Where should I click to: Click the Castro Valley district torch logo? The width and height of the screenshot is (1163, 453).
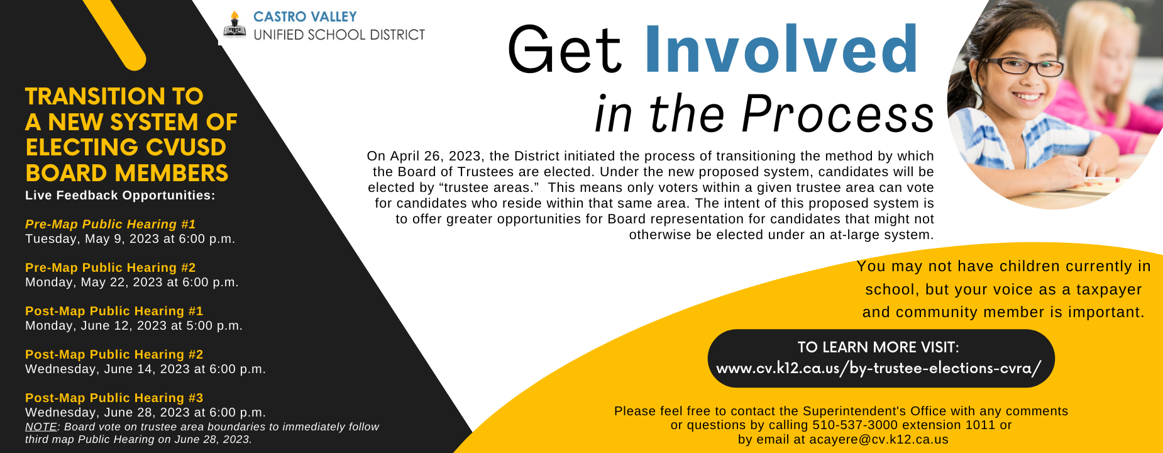tap(234, 26)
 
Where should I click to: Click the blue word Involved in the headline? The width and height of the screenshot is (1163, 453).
tap(781, 50)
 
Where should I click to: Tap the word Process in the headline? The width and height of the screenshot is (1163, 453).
tap(838, 114)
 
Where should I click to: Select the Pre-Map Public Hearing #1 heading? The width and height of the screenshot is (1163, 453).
tap(111, 224)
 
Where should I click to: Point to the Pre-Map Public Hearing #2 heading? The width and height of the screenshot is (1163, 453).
tap(111, 267)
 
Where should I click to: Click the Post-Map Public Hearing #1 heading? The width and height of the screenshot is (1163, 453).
tap(114, 311)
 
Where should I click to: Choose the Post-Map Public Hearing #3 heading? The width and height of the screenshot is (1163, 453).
tap(114, 398)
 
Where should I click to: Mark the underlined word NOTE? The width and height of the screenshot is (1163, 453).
tap(41, 427)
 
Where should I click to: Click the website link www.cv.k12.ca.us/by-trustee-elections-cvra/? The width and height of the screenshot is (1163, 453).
tap(879, 368)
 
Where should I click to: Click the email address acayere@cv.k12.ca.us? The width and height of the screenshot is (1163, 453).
tap(879, 440)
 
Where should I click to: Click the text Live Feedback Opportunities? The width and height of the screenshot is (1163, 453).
tap(120, 196)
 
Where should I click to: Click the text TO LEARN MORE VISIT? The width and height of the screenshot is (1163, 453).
tap(879, 347)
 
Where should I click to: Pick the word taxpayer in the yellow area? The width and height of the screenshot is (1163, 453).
tap(1109, 290)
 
